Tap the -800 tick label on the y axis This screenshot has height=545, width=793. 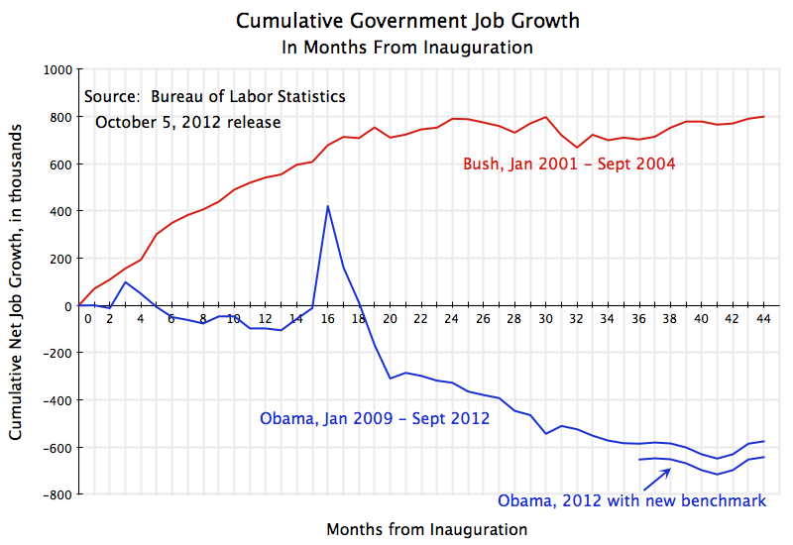click(57, 494)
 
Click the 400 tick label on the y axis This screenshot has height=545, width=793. click(62, 211)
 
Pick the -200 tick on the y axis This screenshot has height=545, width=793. click(57, 353)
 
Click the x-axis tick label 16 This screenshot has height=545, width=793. click(327, 319)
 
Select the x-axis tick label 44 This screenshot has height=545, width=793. click(763, 319)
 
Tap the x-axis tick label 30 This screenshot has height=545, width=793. click(545, 319)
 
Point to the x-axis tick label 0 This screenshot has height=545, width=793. click(87, 319)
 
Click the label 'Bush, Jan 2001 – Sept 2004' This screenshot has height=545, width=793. click(569, 164)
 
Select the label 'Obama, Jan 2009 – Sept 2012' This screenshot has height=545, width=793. click(375, 418)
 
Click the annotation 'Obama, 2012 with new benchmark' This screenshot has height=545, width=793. click(631, 500)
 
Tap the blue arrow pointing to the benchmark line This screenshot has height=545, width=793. click(657, 479)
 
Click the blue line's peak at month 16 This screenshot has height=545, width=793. click(327, 206)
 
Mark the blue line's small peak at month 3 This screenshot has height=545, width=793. click(125, 282)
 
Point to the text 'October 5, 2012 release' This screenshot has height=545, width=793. click(187, 122)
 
